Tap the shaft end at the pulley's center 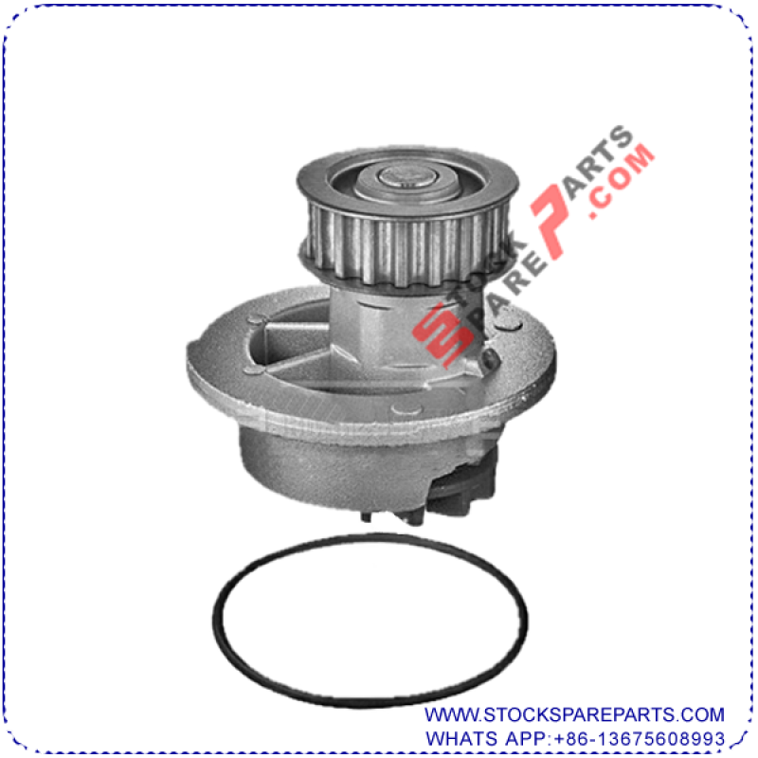coord(407,176)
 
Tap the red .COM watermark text coord(621,181)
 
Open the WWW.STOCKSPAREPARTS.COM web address coord(574,714)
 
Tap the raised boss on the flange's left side coord(256,319)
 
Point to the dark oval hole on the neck coord(491,359)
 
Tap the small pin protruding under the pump coord(366,516)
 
